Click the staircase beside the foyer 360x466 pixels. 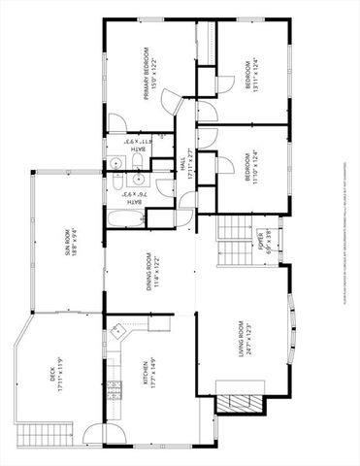233,243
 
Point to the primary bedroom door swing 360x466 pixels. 172,100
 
